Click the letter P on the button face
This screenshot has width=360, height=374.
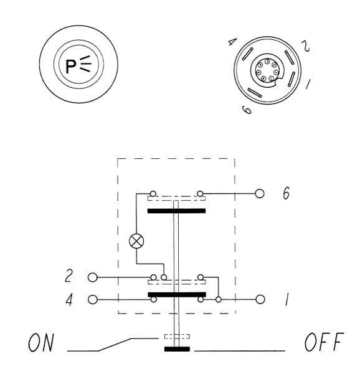pos(71,66)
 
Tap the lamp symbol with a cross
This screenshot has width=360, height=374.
pos(136,241)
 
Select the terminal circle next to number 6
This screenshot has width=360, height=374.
pos(260,193)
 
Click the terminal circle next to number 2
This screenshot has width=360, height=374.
pos(93,277)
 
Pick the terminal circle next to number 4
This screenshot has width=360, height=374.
pos(93,300)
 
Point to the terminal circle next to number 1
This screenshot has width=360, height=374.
pos(260,299)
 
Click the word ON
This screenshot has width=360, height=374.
pos(41,342)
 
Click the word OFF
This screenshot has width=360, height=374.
pos(324,342)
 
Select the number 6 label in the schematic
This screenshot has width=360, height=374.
pos(286,193)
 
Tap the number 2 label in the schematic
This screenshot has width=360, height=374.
pos(69,276)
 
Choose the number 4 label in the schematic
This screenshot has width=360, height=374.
pos(69,299)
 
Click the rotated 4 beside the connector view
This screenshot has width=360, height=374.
pos(232,42)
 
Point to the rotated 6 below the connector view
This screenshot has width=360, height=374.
pos(247,110)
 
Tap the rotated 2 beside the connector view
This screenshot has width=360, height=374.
pos(306,46)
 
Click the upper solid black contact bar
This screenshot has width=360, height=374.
pos(176,211)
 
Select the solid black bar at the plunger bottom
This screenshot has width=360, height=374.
pos(177,349)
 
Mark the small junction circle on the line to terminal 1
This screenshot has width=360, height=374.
pos(218,299)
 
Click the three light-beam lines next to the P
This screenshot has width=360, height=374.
pos(85,64)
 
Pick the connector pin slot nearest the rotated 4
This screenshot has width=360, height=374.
pos(248,54)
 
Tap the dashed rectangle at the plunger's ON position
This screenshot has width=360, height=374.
pos(177,337)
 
